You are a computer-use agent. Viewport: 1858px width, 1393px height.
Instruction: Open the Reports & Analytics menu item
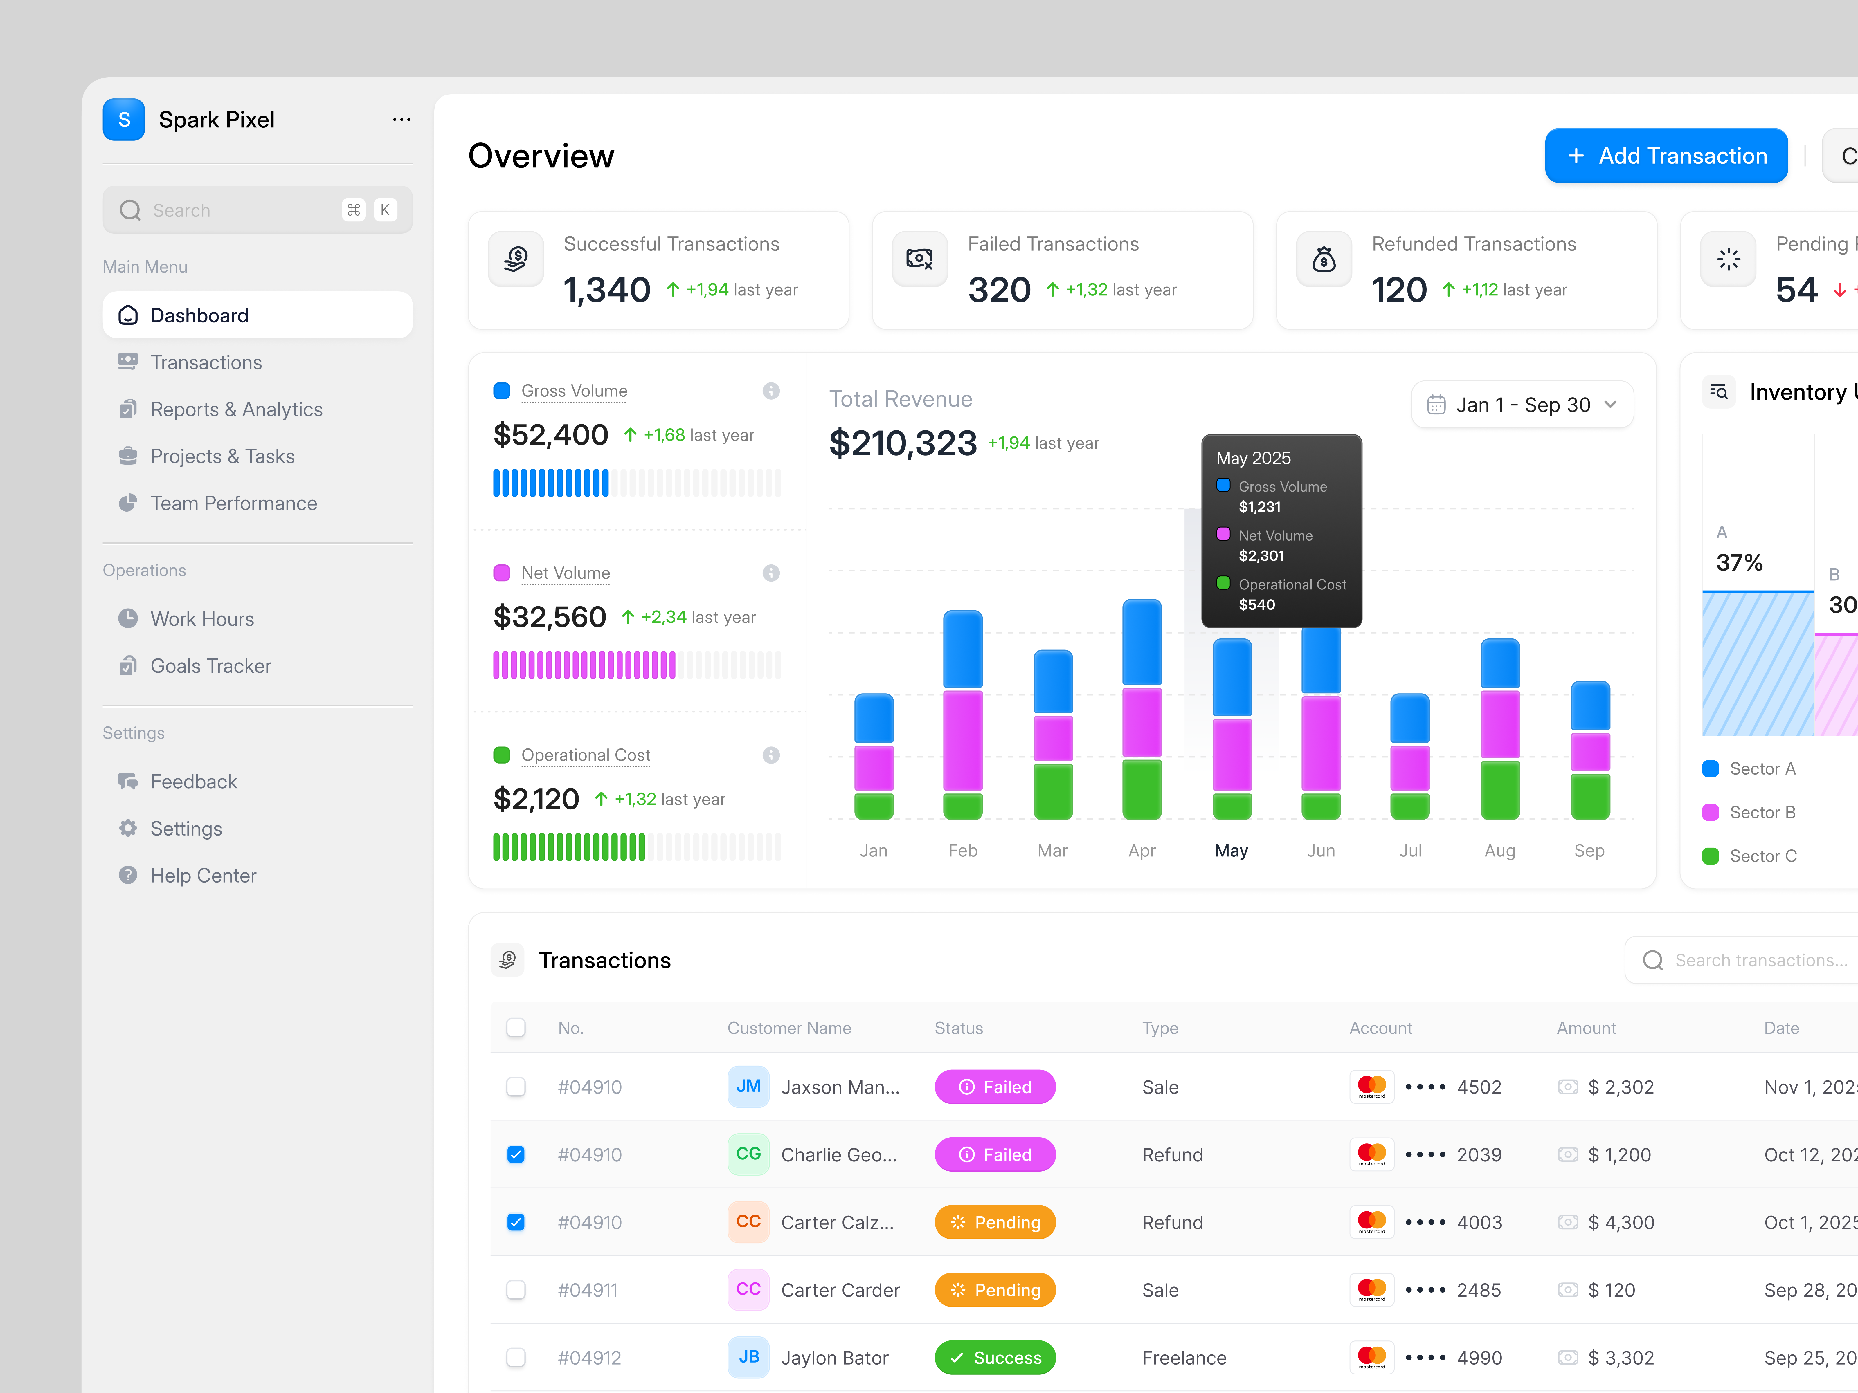pos(236,410)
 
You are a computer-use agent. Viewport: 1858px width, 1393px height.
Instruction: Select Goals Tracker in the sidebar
pos(210,666)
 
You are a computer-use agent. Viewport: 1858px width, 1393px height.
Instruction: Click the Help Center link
pos(202,876)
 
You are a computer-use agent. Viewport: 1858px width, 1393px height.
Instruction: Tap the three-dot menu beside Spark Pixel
pos(402,120)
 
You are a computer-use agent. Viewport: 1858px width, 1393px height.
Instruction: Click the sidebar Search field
pos(244,210)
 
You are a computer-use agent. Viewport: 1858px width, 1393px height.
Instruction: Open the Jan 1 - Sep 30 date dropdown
pos(1522,405)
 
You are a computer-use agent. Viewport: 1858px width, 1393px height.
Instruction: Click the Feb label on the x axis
pos(963,851)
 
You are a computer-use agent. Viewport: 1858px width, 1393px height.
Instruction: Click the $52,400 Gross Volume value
pos(550,435)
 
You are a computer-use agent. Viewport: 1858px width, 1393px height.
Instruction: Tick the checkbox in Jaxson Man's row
pos(516,1087)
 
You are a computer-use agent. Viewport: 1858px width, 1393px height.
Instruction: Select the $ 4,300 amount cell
pos(1620,1223)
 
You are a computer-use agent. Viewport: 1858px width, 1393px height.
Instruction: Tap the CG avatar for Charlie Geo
pos(748,1154)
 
